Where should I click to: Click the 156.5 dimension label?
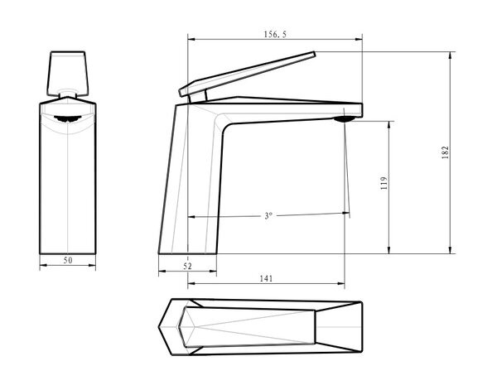click(275, 34)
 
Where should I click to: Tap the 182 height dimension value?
click(446, 152)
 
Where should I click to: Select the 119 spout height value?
click(384, 183)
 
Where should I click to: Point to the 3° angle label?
click(268, 216)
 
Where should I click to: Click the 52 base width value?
click(188, 266)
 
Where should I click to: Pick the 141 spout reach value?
click(266, 278)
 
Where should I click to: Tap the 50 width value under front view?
click(68, 260)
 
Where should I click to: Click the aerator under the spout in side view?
click(344, 119)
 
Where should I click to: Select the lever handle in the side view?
click(247, 74)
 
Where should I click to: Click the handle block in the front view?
click(68, 74)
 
